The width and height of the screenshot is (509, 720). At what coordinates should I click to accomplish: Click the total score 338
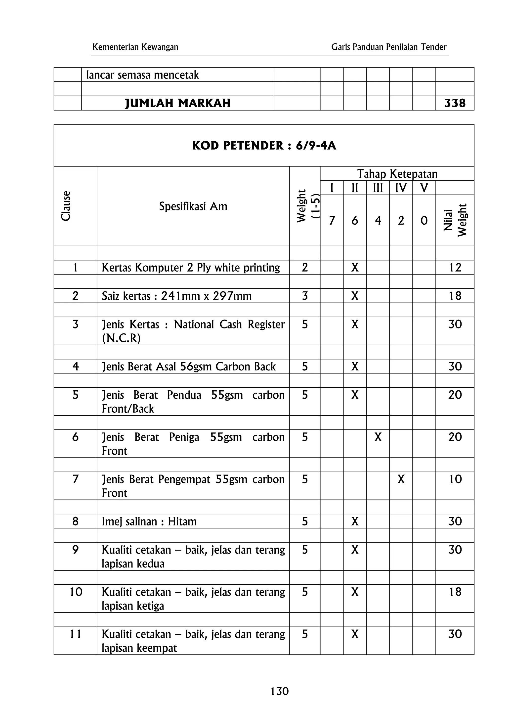tap(455, 103)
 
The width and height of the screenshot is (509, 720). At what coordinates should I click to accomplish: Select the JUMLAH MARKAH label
tap(177, 103)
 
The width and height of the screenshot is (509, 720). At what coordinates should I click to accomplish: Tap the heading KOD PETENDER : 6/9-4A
tap(264, 146)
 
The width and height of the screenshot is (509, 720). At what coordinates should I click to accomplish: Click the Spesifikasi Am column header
tap(193, 206)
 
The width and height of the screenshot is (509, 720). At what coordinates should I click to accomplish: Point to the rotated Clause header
tap(66, 206)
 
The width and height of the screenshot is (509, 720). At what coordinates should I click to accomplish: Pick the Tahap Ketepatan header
tap(397, 173)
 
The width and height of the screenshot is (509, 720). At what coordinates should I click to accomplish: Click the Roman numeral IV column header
tap(401, 188)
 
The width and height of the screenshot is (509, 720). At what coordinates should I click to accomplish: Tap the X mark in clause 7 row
tap(401, 479)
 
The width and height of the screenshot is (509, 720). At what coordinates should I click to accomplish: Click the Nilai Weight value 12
tap(455, 268)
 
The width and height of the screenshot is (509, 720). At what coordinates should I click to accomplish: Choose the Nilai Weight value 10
tap(455, 479)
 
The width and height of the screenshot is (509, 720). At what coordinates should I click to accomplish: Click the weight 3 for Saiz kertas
tap(304, 296)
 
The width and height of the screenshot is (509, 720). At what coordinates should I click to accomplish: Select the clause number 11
tap(75, 634)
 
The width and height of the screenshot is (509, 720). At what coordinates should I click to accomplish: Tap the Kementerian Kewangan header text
tap(135, 47)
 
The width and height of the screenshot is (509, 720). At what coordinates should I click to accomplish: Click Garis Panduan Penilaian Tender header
tap(388, 47)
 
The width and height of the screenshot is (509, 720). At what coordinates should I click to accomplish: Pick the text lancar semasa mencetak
tap(142, 75)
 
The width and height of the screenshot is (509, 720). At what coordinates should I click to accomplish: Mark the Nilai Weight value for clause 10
tap(455, 592)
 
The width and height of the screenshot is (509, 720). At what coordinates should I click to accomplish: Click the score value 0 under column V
tap(424, 221)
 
